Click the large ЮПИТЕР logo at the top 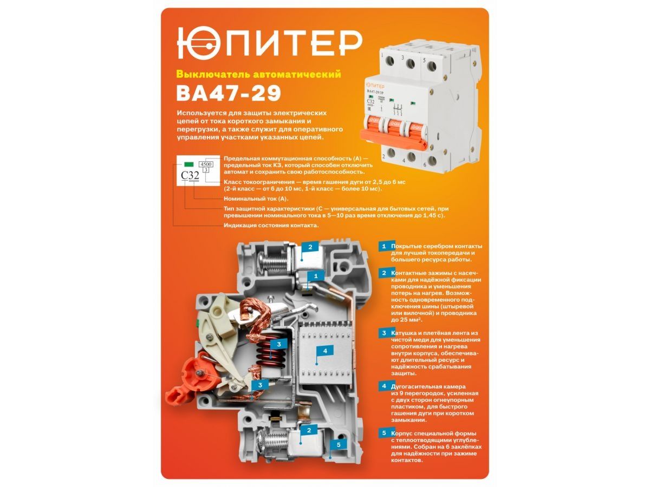coord(269,43)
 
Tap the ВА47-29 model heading coord(229,94)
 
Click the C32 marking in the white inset coord(190,175)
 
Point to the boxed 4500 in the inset coord(206,164)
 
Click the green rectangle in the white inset coord(188,164)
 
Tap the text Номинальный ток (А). coord(256,199)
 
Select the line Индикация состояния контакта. coord(271,225)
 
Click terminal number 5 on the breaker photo coord(424,60)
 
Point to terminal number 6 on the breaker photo coord(424,164)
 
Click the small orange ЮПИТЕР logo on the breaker coord(375,86)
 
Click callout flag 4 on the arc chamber coord(325,351)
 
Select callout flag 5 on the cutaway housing coord(339,444)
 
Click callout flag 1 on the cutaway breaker coord(315,276)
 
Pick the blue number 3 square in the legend coord(384,333)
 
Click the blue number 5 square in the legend coord(384,433)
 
